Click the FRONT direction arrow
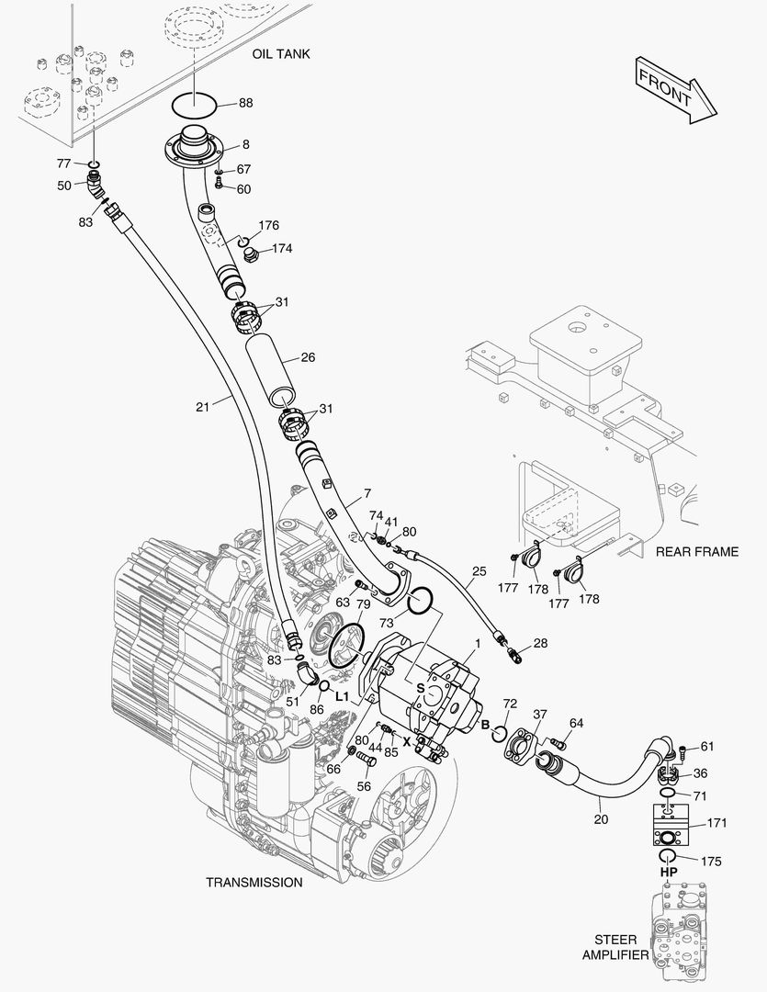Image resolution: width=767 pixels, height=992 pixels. point(674,89)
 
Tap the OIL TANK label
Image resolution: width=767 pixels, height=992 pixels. point(281,54)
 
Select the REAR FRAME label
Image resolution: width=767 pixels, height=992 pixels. point(696,552)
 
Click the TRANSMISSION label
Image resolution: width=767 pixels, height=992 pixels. point(254,882)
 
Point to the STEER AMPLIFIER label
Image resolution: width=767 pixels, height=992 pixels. point(615,947)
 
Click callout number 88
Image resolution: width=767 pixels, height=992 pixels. point(246,103)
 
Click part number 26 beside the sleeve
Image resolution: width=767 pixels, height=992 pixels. point(308,357)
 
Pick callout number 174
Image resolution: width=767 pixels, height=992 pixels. point(282,248)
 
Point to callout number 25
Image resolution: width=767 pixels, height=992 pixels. point(479,571)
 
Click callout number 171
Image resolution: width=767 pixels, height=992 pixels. point(716,823)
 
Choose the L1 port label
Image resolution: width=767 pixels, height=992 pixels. point(342,697)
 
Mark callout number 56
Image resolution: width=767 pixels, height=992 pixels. point(365,786)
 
